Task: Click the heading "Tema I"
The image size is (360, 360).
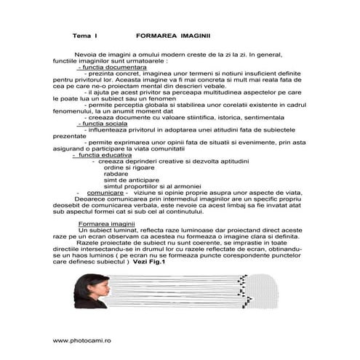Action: [x=84, y=35]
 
